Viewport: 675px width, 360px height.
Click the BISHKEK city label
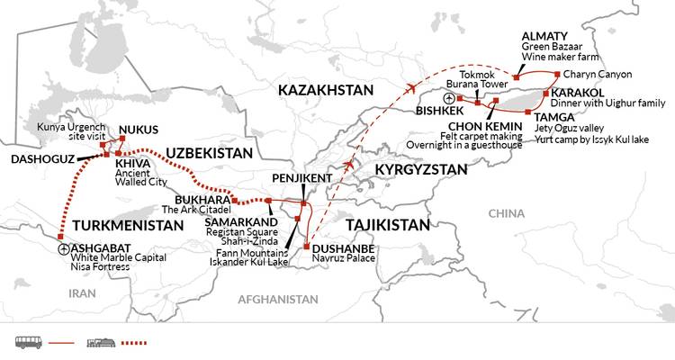coord(418,110)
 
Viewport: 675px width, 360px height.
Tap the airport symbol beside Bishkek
coord(450,98)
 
